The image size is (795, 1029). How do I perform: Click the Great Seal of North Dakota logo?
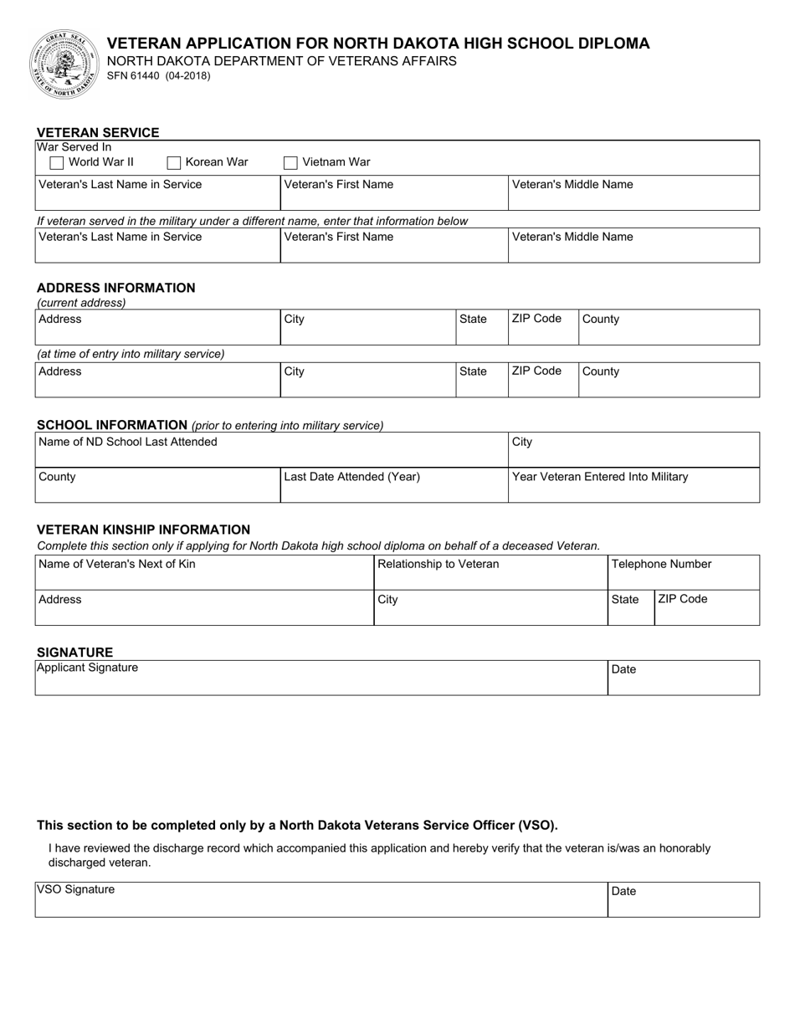tap(64, 64)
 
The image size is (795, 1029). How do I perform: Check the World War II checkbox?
tap(57, 163)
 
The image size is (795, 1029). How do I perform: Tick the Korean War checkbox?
tap(174, 163)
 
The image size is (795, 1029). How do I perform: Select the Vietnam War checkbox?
tap(291, 163)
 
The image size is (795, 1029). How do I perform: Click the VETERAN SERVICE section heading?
tap(98, 132)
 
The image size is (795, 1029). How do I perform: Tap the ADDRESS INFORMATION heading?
tap(115, 288)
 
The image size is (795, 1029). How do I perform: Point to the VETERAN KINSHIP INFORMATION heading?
tap(143, 530)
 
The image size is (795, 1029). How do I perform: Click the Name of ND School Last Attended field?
tap(271, 451)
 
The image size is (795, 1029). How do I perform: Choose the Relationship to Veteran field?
tap(490, 574)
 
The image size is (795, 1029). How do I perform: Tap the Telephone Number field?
tap(683, 574)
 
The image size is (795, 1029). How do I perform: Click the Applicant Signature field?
tap(321, 679)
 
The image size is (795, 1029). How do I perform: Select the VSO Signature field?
tap(321, 901)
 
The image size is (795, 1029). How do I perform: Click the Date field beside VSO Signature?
tap(683, 901)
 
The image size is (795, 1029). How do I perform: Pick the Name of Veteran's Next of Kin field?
tap(203, 574)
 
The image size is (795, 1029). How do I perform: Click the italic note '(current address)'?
tap(81, 303)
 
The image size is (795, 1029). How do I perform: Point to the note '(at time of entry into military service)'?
tap(131, 354)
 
